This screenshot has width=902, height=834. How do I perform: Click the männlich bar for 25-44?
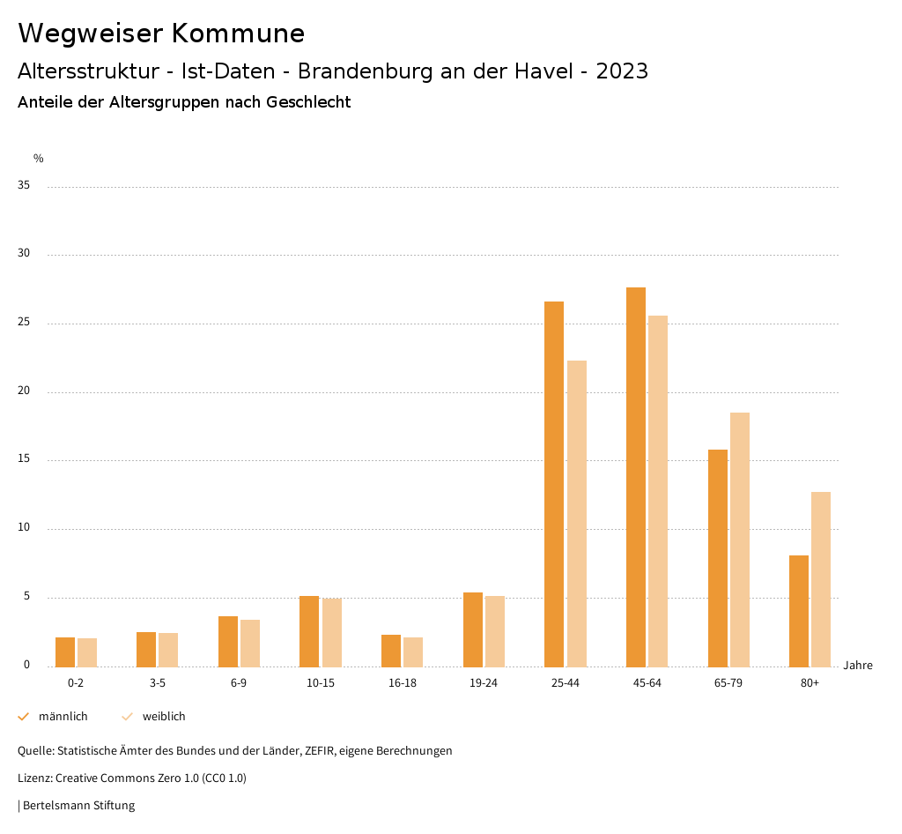point(554,484)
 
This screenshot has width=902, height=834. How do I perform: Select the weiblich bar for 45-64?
point(658,491)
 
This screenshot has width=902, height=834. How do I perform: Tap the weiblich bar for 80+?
point(821,579)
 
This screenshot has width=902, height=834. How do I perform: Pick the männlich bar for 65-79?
point(718,558)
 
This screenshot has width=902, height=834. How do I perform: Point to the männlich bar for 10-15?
point(309,631)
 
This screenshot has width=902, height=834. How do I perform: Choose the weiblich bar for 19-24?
point(495,631)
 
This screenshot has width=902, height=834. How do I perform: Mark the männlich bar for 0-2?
point(65,652)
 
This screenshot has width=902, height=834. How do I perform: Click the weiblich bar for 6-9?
point(250,643)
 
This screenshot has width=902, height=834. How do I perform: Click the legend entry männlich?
point(63,717)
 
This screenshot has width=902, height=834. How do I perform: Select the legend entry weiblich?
point(164,717)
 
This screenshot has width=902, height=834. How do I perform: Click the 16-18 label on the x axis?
point(402,683)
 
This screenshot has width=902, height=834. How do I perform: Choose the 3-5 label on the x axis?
point(157,683)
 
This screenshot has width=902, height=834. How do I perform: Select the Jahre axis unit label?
point(857,666)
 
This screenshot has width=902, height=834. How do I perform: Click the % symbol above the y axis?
point(39,159)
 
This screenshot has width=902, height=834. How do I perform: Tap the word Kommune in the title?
point(238,34)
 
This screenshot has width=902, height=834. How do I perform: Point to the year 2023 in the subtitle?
point(622,71)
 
